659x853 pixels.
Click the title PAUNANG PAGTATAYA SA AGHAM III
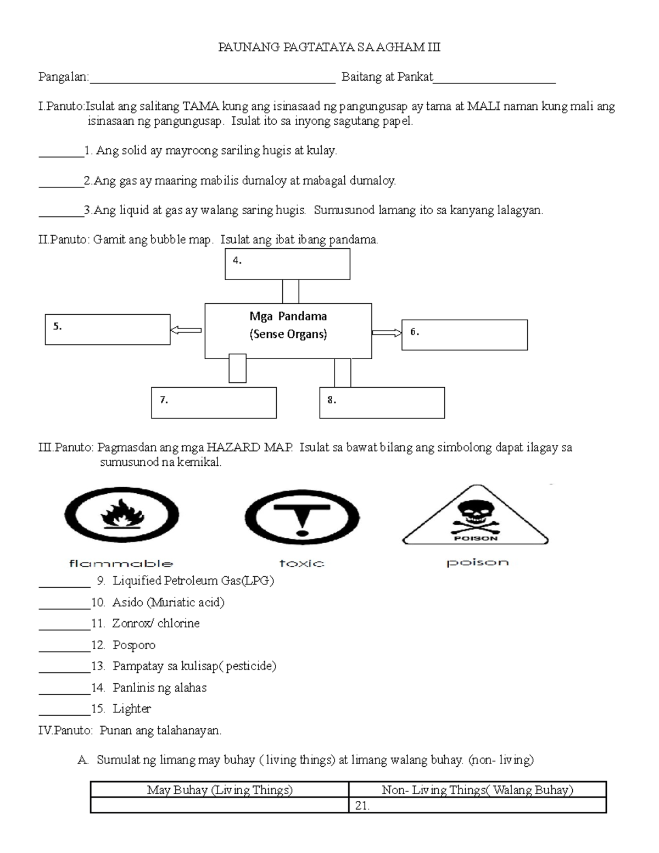[329, 47]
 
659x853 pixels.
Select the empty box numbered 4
[287, 264]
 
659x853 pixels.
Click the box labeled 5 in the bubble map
[108, 330]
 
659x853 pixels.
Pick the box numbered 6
[465, 335]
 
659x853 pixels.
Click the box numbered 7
[214, 403]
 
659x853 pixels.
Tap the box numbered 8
[382, 403]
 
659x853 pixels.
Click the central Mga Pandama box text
[288, 325]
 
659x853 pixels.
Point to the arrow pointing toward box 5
[186, 330]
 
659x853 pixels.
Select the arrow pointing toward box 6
[387, 332]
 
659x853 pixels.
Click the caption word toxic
[301, 563]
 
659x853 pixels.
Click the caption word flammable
[121, 563]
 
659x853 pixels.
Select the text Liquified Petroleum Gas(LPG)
[193, 581]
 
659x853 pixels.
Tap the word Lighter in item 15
[131, 709]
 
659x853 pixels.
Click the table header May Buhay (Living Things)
[220, 790]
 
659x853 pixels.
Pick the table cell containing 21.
[477, 806]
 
